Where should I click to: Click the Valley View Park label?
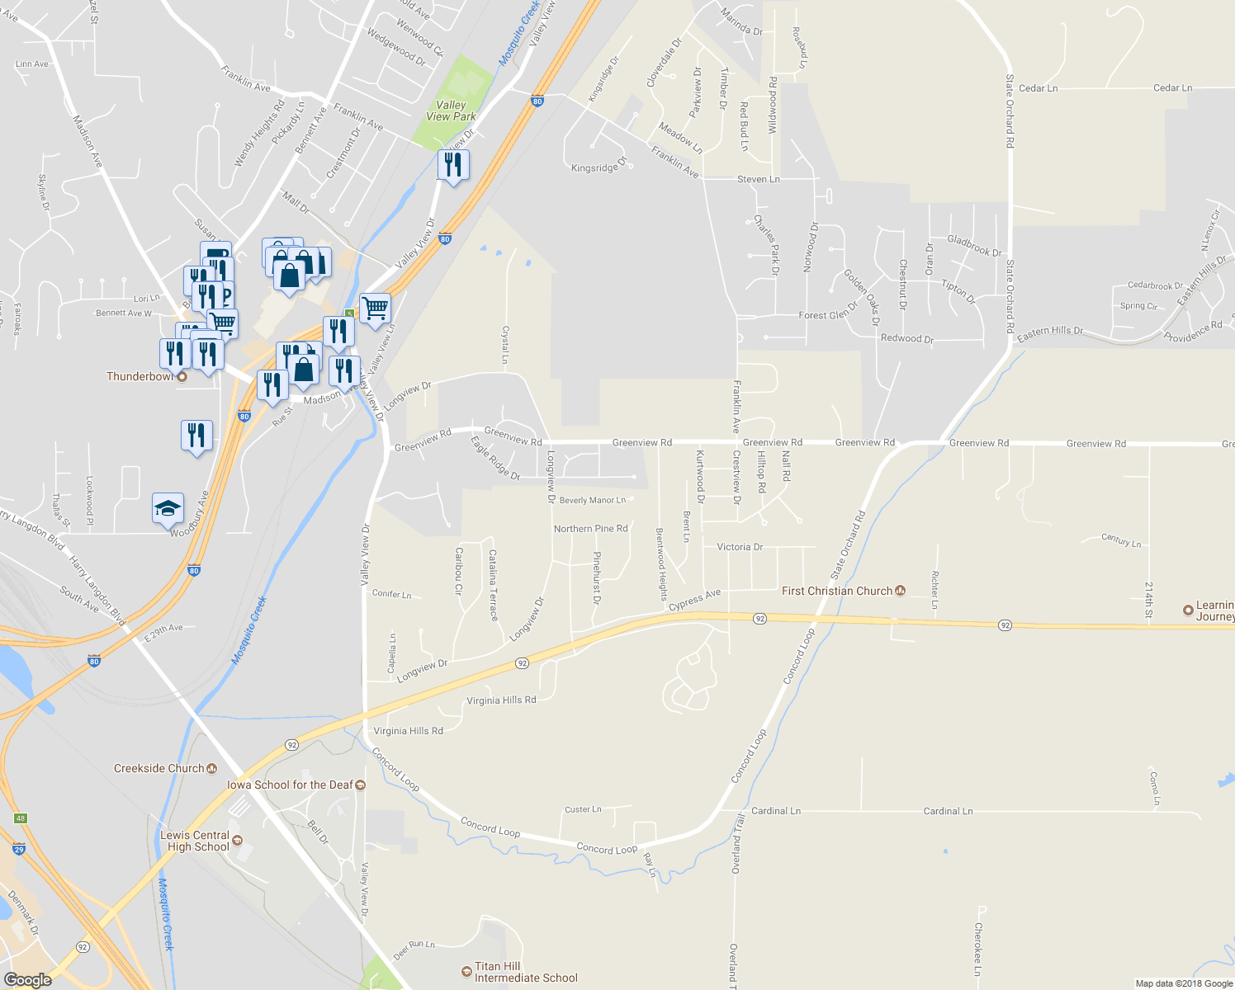[x=451, y=111]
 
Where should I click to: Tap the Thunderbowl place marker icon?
[x=182, y=377]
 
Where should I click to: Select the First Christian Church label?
[x=837, y=591]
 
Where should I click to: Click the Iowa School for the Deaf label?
[x=290, y=785]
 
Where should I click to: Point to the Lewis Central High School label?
[x=195, y=841]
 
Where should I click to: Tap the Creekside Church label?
[x=159, y=768]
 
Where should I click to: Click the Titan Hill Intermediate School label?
[x=526, y=972]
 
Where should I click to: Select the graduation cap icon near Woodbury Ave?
[x=168, y=508]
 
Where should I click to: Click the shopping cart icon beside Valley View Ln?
[x=375, y=309]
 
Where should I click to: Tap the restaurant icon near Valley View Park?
[x=452, y=165]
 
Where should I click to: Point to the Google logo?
[x=27, y=979]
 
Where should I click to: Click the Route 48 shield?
[x=21, y=818]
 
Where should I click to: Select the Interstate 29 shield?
[x=19, y=849]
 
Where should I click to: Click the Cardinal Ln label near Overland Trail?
[x=776, y=811]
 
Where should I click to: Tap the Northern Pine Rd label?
[x=590, y=529]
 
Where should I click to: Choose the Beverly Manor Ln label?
[x=593, y=500]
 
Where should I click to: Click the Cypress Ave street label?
[x=694, y=600]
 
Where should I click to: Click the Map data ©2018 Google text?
[x=1183, y=983]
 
